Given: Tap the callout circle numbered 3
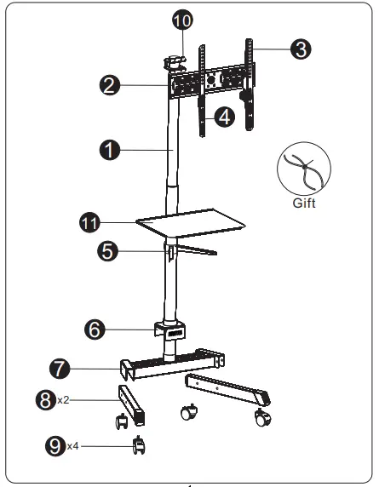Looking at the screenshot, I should tap(300, 49).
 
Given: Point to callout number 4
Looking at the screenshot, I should tap(224, 117).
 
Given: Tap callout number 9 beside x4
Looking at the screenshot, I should tap(55, 445).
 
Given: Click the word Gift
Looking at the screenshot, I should tap(303, 203).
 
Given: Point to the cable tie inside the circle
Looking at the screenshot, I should tap(303, 170).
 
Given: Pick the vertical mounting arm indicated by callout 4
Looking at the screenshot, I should tap(202, 111).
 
